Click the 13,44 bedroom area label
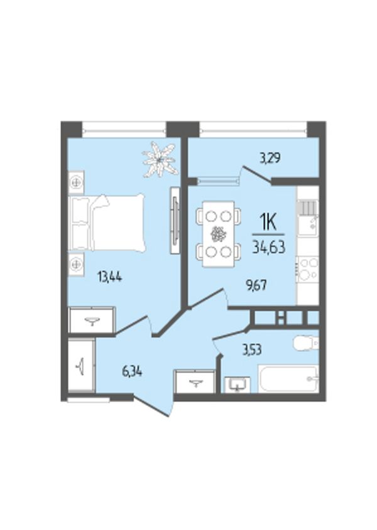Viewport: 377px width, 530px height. tap(110, 277)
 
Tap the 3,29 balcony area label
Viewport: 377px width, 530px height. tap(270, 158)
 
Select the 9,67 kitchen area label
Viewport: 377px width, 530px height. tap(256, 285)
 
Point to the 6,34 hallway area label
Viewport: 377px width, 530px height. tap(132, 372)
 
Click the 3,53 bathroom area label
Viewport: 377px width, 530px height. tap(252, 350)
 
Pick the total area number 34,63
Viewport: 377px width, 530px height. tap(269, 246)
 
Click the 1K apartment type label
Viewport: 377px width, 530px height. tap(268, 223)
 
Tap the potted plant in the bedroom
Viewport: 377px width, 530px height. tap(160, 159)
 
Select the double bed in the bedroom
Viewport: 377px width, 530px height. tap(107, 223)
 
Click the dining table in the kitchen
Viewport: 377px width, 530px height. tap(219, 234)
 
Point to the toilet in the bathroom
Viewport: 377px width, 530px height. tap(306, 343)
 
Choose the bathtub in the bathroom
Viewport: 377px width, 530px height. tap(288, 379)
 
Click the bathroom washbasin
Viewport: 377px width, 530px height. tap(238, 384)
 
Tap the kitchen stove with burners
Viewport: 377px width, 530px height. tap(307, 269)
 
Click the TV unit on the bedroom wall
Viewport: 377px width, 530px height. tap(175, 220)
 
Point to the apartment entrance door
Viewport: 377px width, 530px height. tap(153, 407)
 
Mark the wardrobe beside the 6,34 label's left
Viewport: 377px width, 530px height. tap(81, 366)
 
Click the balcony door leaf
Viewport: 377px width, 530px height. tap(258, 175)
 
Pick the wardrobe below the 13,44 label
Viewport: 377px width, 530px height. tap(92, 319)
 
